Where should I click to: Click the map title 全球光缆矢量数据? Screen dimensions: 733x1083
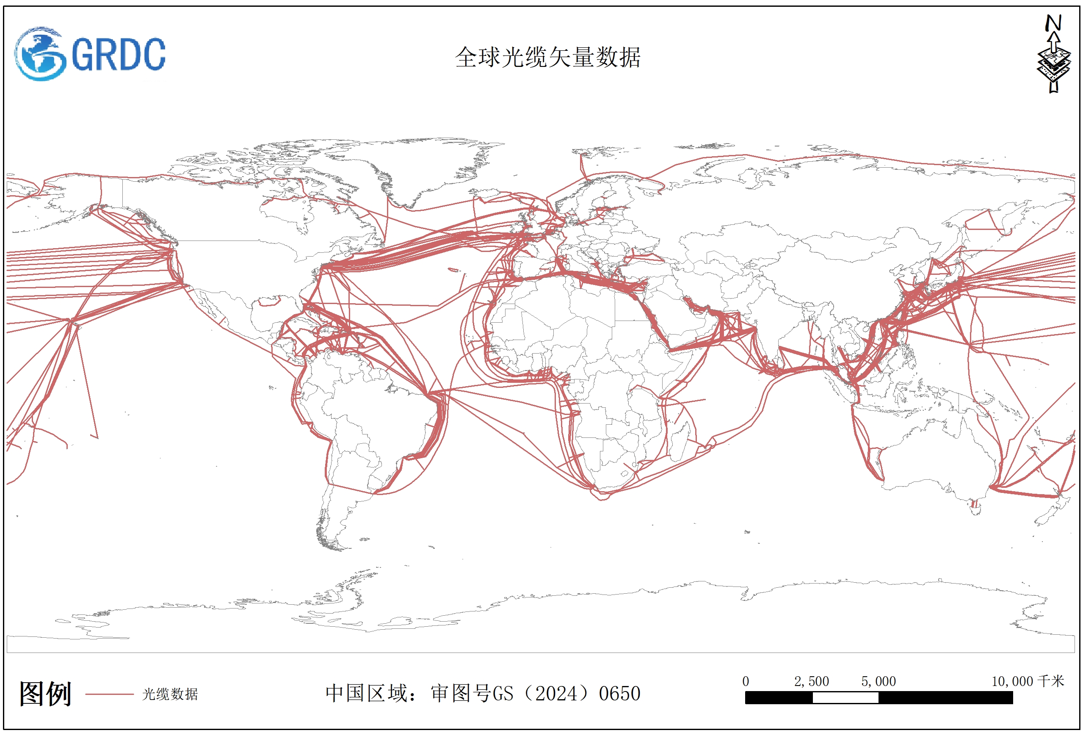pyautogui.click(x=547, y=57)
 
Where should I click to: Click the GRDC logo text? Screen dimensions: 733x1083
pyautogui.click(x=119, y=55)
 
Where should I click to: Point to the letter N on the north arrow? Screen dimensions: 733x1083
pyautogui.click(x=1053, y=23)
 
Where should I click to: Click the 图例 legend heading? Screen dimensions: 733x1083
pyautogui.click(x=45, y=694)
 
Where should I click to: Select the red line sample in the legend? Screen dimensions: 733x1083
pyautogui.click(x=110, y=694)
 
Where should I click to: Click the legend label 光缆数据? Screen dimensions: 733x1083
pyautogui.click(x=170, y=694)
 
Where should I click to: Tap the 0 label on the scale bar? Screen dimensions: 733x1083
pyautogui.click(x=746, y=681)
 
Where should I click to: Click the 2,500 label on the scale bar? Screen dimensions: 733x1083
pyautogui.click(x=811, y=681)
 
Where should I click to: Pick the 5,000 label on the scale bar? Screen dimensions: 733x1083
pyautogui.click(x=879, y=681)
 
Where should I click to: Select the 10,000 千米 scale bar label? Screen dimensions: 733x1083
pyautogui.click(x=1028, y=681)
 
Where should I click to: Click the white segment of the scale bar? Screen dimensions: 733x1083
pyautogui.click(x=845, y=697)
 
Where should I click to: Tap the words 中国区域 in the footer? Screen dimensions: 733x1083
pyautogui.click(x=365, y=693)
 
